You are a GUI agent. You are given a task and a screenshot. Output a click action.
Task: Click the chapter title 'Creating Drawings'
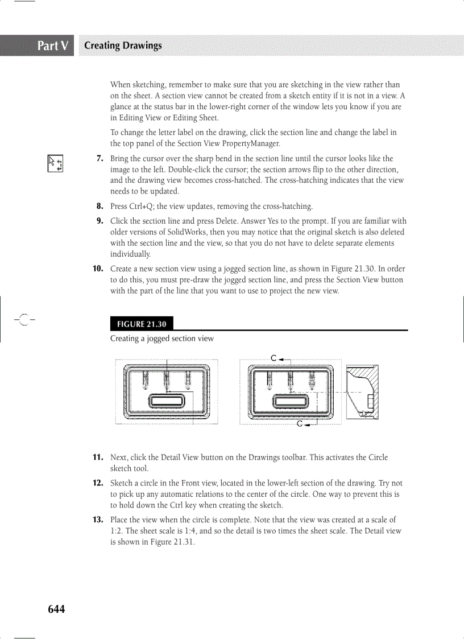[122, 46]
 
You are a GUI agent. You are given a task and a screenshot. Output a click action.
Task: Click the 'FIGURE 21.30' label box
[142, 324]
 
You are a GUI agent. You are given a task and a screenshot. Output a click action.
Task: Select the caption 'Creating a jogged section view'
[162, 339]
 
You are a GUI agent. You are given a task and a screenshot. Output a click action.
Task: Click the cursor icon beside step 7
[55, 163]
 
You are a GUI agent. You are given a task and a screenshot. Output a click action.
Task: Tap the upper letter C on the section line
[274, 358]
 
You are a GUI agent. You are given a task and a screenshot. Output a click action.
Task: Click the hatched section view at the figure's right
[362, 392]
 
